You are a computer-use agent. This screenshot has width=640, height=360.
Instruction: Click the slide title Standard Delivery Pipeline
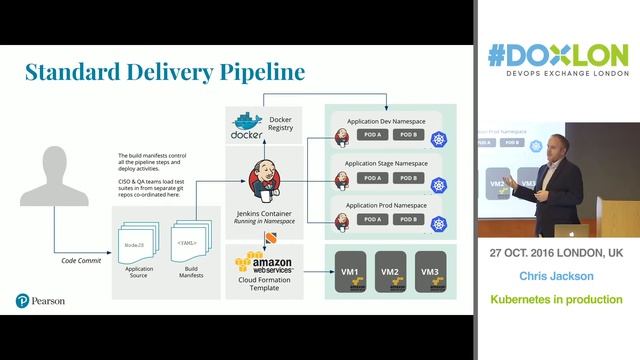[165, 71]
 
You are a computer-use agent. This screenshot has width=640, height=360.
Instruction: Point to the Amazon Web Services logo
[262, 267]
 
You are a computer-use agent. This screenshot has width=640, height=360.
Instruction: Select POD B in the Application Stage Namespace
[408, 178]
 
